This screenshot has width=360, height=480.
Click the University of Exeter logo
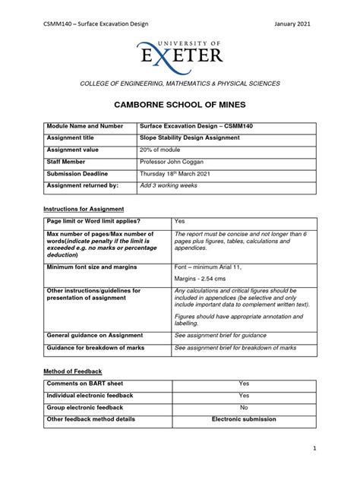[180, 51]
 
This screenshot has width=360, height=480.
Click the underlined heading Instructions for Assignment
[83, 208]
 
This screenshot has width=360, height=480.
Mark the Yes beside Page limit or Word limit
[180, 221]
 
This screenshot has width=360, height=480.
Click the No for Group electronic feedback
[244, 407]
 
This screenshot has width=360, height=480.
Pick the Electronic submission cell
[244, 418]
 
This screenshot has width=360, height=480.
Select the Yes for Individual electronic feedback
[244, 396]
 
